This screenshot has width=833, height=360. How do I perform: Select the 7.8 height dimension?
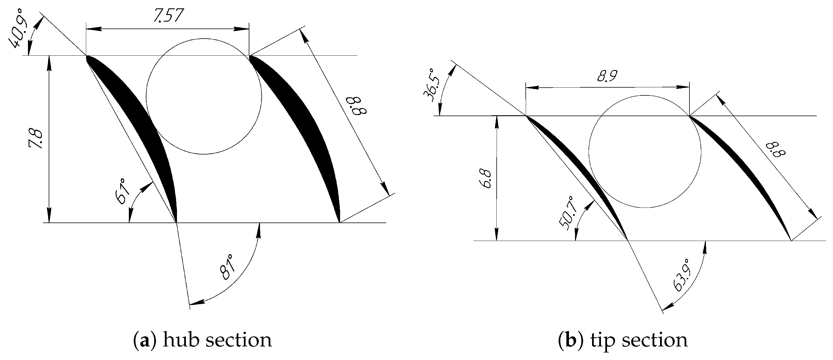[x=35, y=139]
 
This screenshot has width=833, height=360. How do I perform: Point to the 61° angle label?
[x=122, y=191]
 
